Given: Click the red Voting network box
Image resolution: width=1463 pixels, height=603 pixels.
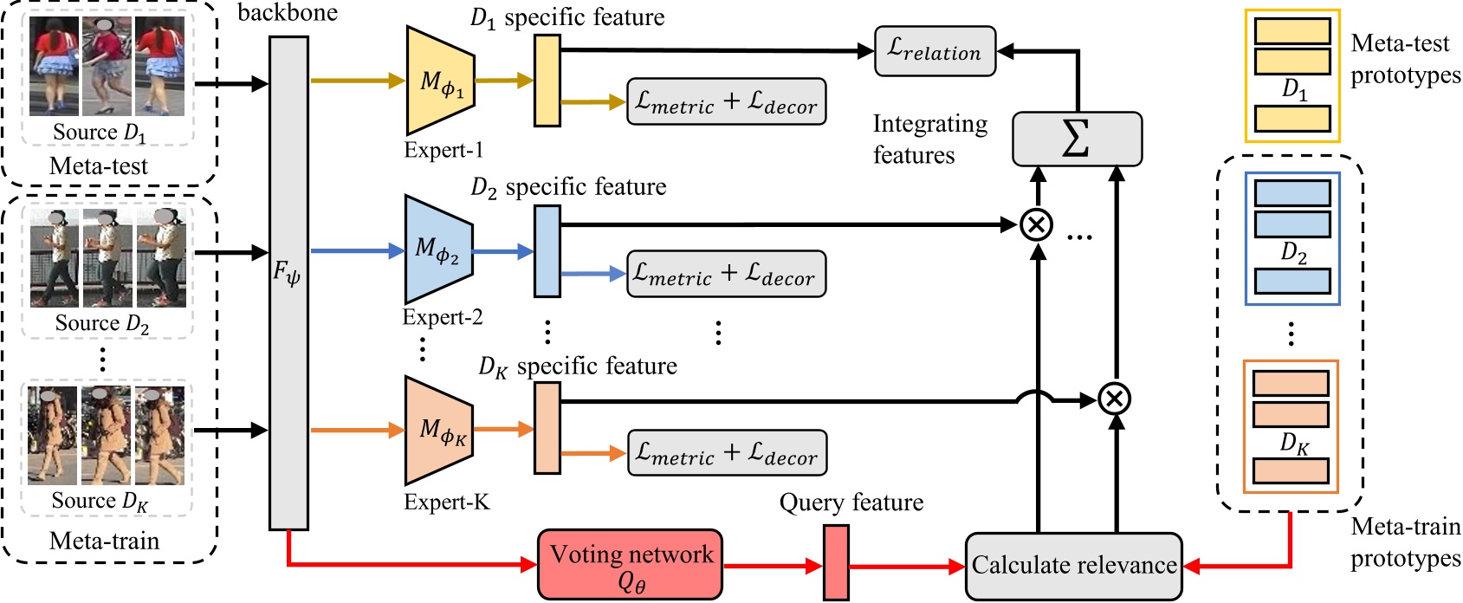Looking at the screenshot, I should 630,565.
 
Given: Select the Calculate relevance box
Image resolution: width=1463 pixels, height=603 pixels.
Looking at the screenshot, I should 1073,566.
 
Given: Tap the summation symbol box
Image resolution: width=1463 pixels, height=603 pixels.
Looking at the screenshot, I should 1077,139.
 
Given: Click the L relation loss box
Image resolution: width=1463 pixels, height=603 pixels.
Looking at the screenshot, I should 935,51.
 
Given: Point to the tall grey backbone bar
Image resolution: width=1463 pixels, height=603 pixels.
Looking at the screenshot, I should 288,282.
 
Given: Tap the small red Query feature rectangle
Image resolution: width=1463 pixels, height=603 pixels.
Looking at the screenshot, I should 836,562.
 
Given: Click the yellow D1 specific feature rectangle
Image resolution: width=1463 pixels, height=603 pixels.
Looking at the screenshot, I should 547,81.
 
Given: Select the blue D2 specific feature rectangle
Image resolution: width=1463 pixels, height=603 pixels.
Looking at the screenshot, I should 547,251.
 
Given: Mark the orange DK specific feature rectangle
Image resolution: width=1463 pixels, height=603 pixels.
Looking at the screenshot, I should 547,428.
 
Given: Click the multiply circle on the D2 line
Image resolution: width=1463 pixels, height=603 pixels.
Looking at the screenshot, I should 1036,225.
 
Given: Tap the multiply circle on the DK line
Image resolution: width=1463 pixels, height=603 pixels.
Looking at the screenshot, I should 1115,399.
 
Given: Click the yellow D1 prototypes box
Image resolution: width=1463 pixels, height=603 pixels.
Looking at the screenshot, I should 1291,76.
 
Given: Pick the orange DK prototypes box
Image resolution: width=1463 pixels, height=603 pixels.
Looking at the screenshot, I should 1291,427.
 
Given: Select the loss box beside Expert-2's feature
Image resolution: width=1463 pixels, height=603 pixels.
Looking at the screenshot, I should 725,275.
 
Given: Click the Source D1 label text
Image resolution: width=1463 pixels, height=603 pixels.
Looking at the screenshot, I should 99,133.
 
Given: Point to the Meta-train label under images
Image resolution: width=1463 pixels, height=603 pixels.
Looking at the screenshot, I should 104,541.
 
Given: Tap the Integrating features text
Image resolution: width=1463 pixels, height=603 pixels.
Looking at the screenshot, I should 929,139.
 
